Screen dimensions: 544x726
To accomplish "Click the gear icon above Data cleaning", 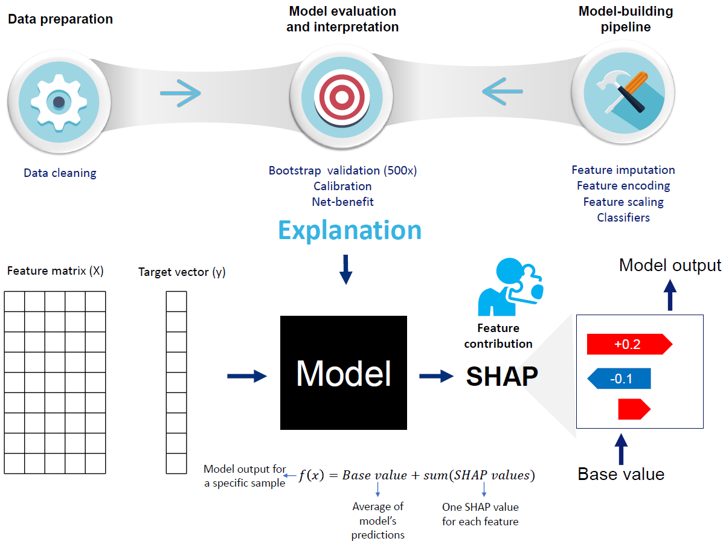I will (59, 102).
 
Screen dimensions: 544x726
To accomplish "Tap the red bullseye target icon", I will (342, 97).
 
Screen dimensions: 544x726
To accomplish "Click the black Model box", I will (344, 373).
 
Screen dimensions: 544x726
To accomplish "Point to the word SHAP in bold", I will (501, 376).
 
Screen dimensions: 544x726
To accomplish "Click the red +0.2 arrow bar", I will (629, 344).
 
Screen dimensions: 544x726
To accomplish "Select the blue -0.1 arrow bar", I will (620, 379).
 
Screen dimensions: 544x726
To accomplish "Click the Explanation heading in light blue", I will (350, 230).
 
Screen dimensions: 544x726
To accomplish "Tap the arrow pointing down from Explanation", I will (345, 269).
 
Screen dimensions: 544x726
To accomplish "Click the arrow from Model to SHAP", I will (436, 376).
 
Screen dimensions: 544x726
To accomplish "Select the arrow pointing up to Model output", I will (670, 296).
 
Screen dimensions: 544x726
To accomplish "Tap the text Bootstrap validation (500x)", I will (342, 170).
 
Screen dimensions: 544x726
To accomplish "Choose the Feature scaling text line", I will (623, 202).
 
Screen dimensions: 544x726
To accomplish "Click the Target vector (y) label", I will (182, 272).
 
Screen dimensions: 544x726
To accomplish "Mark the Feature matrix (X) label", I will (56, 270).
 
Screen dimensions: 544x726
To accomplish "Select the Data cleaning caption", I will (60, 173).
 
